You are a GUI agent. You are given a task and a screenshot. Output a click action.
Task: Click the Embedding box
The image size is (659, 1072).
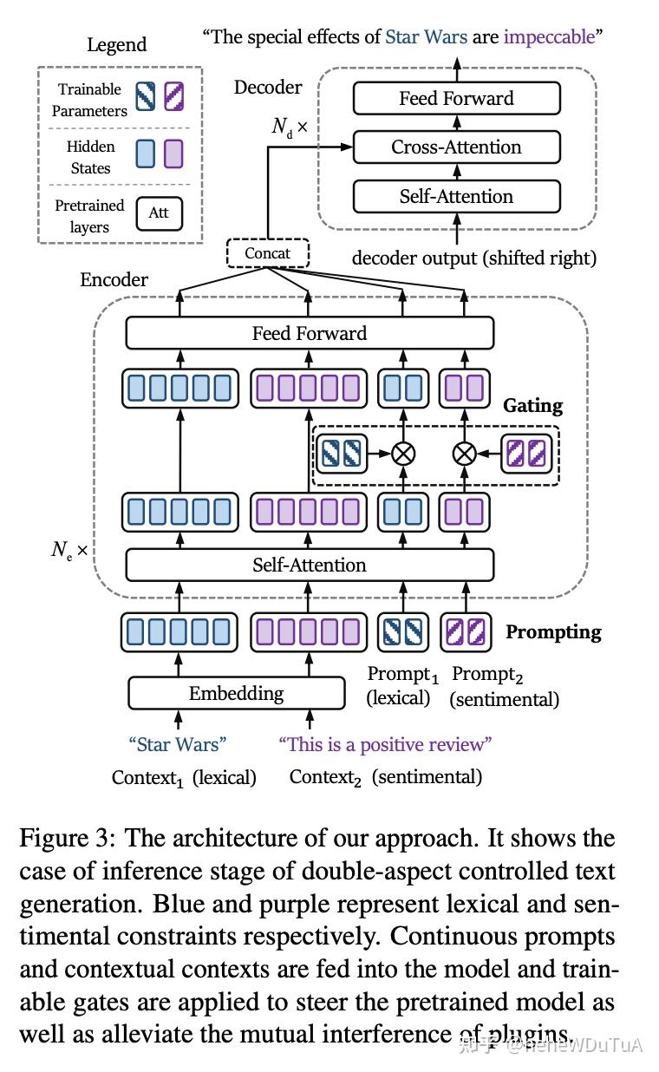click(x=236, y=693)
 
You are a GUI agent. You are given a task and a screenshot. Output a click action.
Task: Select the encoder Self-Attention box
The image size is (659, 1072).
click(x=310, y=565)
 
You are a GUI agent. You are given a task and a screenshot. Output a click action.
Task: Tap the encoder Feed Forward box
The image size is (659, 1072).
click(x=310, y=333)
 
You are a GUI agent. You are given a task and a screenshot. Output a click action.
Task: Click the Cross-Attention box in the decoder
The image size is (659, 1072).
click(x=456, y=147)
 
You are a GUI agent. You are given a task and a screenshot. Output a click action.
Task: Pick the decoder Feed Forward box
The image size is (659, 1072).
click(x=456, y=98)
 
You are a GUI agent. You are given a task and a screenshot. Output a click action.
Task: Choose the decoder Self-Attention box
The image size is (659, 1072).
click(x=456, y=196)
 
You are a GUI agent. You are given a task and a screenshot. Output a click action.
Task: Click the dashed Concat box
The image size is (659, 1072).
click(x=268, y=253)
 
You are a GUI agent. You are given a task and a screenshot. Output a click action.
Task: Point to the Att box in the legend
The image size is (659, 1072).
click(x=159, y=212)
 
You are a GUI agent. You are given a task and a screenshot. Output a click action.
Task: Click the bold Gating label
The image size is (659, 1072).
click(x=532, y=405)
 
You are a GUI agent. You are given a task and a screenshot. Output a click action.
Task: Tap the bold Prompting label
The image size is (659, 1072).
click(x=553, y=631)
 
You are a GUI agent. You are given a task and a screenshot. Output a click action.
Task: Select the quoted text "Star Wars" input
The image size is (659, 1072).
click(x=178, y=743)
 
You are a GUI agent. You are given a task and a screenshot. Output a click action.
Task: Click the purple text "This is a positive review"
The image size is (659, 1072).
click(x=385, y=743)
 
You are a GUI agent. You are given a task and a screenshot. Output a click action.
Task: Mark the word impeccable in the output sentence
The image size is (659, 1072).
click(x=549, y=36)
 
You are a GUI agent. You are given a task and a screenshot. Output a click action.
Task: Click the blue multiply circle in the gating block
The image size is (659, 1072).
click(x=402, y=453)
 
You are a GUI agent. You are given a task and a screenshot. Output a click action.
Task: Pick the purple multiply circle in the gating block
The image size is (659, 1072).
click(x=466, y=453)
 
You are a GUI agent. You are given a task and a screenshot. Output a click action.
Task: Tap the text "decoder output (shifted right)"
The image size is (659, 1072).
click(x=473, y=258)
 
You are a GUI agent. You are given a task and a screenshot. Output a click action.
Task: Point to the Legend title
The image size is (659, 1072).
click(x=117, y=44)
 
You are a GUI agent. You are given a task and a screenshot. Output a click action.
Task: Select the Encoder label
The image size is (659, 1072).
click(x=114, y=279)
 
